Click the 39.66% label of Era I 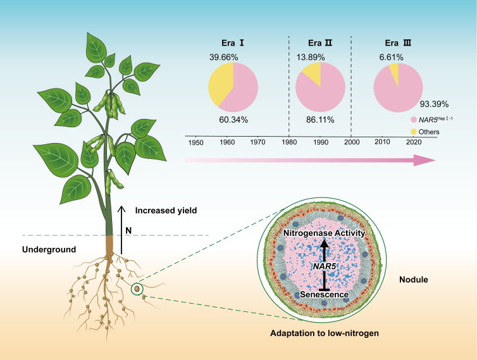tap(225, 58)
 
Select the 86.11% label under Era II tap(320, 119)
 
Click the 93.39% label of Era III tap(435, 104)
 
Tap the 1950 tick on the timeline tap(196, 143)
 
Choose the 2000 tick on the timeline tap(351, 143)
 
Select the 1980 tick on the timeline tap(289, 143)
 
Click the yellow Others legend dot tap(414, 131)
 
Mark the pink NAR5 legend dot tap(414, 120)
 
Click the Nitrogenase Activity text tap(325, 233)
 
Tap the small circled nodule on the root tap(136, 290)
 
